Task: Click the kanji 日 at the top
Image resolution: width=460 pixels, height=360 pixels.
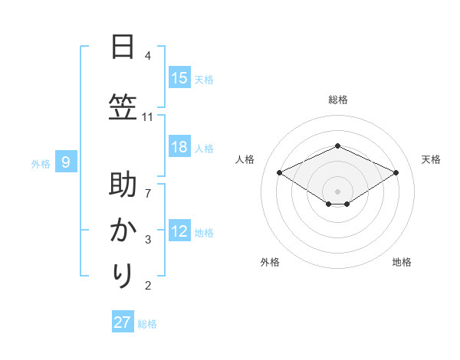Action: click(x=122, y=47)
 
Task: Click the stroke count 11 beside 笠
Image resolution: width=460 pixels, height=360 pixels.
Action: click(x=148, y=117)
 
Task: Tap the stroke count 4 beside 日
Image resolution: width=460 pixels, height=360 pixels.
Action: click(x=148, y=56)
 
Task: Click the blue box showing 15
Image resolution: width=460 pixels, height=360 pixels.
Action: click(x=179, y=78)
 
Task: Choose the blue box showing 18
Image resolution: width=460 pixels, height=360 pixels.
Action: click(x=179, y=147)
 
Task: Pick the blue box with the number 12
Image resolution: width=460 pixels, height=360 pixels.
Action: click(x=179, y=231)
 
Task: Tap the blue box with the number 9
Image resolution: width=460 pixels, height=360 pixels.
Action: click(x=67, y=162)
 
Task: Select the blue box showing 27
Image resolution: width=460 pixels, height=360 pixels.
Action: click(x=123, y=322)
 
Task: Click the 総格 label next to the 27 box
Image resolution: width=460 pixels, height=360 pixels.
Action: click(x=148, y=324)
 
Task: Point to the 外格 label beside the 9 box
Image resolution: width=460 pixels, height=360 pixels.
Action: click(x=41, y=163)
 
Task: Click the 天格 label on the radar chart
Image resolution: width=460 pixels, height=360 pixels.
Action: click(x=431, y=159)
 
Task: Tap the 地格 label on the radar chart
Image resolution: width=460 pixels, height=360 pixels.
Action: click(x=402, y=262)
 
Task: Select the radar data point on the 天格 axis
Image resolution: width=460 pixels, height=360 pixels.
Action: click(x=396, y=172)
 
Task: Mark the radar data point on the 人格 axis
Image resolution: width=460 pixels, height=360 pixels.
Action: click(x=280, y=172)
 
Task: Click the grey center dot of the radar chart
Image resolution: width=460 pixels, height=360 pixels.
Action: click(x=337, y=190)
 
